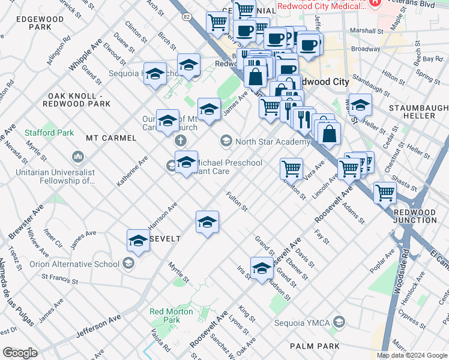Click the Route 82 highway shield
coord(187,18)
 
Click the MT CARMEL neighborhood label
coord(111,138)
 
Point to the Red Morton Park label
coord(165,316)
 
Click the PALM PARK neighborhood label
coord(314,346)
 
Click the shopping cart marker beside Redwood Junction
coord(384,193)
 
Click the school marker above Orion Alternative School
coord(138,241)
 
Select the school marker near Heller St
coord(360,105)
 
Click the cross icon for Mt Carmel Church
coord(179,142)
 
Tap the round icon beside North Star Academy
coord(226,142)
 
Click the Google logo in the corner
coord(20,353)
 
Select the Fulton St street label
coord(237,201)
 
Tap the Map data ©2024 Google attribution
coord(412,355)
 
